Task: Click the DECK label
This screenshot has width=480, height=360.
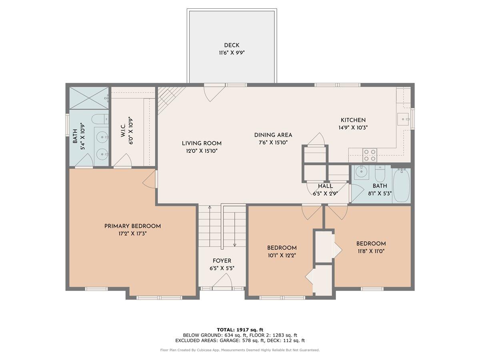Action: (232, 45)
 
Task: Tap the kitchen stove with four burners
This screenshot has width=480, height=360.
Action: (370, 155)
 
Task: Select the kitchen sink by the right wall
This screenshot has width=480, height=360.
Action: (402, 119)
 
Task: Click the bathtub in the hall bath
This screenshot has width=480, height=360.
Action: (401, 185)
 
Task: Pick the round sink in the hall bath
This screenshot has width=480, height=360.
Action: (362, 172)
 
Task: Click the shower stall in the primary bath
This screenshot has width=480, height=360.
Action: (89, 98)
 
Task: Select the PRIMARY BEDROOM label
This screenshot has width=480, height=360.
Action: (132, 226)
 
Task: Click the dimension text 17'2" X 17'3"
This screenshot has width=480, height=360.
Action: (132, 234)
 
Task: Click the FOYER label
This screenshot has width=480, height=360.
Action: (222, 261)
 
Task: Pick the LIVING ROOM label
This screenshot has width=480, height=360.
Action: (202, 143)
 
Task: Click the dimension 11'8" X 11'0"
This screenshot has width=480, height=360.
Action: (371, 251)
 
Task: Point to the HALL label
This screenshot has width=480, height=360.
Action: (325, 186)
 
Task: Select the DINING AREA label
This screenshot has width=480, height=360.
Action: (273, 135)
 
